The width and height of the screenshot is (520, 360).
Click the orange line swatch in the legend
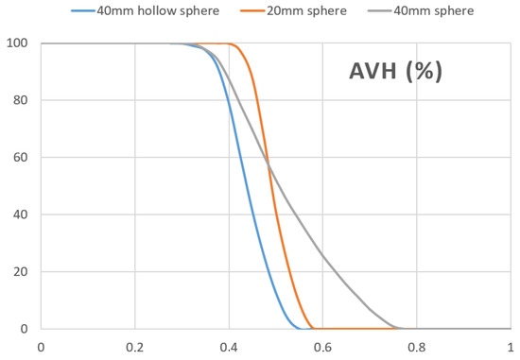249,11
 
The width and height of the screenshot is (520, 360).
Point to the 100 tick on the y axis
19,43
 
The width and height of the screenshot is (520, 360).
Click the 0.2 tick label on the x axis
134,347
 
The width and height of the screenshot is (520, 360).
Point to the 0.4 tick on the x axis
228,347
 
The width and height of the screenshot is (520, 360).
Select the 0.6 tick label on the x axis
322,347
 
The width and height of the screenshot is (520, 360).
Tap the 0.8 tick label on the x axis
416,347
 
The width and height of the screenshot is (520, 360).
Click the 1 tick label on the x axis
509,347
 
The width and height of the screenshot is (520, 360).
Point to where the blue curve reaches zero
301,328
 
